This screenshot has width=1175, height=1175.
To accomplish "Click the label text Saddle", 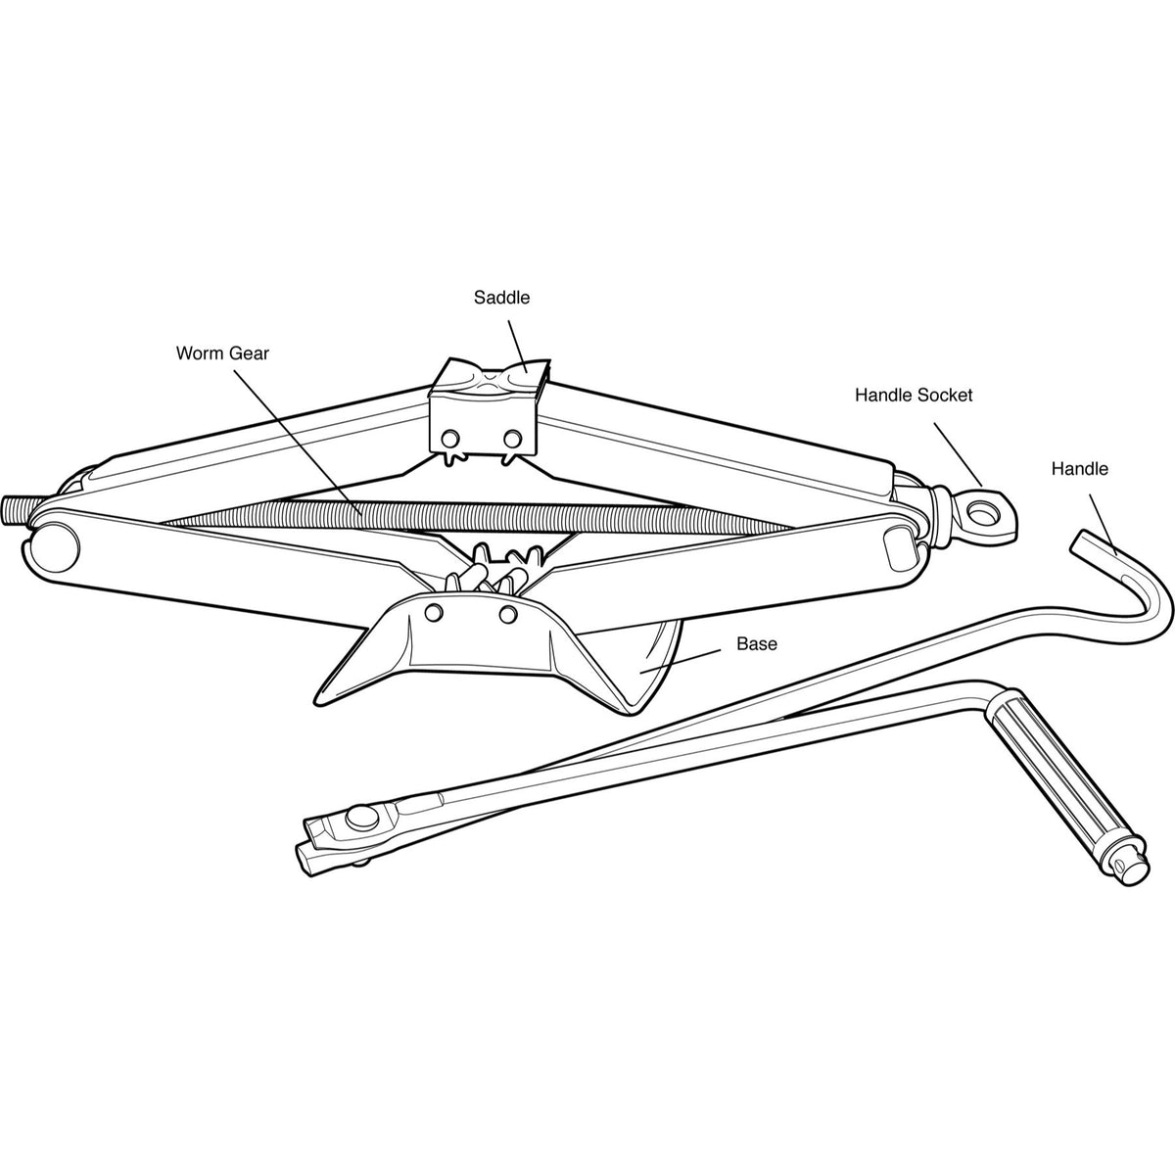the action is click(x=502, y=298).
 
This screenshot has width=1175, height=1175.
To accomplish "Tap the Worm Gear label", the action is click(x=222, y=353).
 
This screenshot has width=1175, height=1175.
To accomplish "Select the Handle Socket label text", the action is click(x=914, y=396).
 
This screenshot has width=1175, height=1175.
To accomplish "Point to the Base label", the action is click(x=757, y=644).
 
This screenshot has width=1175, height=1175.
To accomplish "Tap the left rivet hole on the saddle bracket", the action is click(x=451, y=439).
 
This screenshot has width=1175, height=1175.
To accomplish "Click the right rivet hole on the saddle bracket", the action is click(x=512, y=438).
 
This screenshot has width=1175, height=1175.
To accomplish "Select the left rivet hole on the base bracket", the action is click(x=434, y=613).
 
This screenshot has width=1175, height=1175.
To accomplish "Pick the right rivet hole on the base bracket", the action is click(x=508, y=615).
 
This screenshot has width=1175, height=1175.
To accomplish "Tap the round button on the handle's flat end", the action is click(x=361, y=819).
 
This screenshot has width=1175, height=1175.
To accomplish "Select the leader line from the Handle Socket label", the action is click(x=959, y=453).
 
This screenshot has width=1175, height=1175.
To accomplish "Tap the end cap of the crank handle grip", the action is click(x=1129, y=869).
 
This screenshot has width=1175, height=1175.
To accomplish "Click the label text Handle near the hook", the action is click(x=1080, y=469).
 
